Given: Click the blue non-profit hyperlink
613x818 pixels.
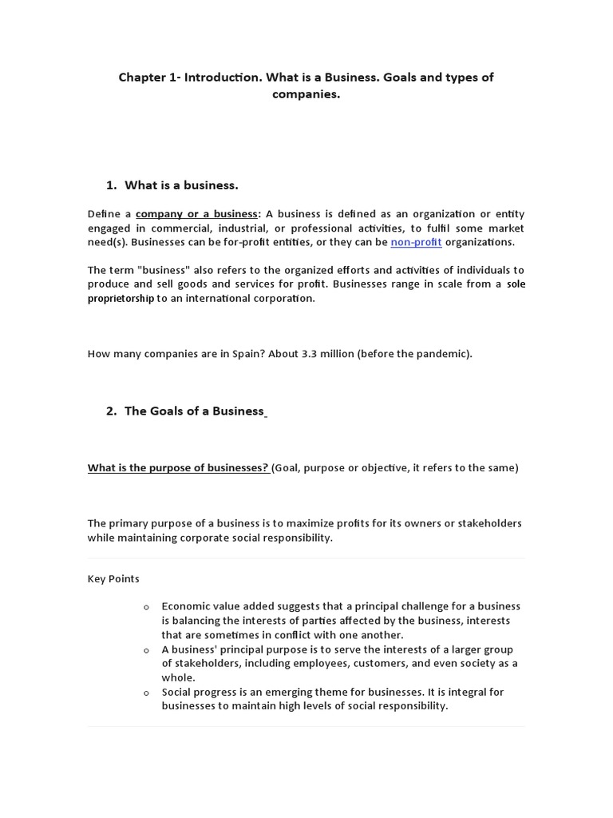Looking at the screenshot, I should coord(416,242).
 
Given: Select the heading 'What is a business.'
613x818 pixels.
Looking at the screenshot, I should coord(181,185).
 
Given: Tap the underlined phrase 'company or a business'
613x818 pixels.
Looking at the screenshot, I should coord(196,214).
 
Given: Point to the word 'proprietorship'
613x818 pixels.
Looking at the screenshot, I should coord(121,298).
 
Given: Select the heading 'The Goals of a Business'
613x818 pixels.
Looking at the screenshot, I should coord(194,411).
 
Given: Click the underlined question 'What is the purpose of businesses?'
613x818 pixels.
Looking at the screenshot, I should coord(178,468).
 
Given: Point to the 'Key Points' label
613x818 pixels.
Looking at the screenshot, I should coord(113,578).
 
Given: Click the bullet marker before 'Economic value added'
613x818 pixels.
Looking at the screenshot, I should coord(146,607).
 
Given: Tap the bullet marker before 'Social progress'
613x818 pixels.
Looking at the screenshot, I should coord(146,693).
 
